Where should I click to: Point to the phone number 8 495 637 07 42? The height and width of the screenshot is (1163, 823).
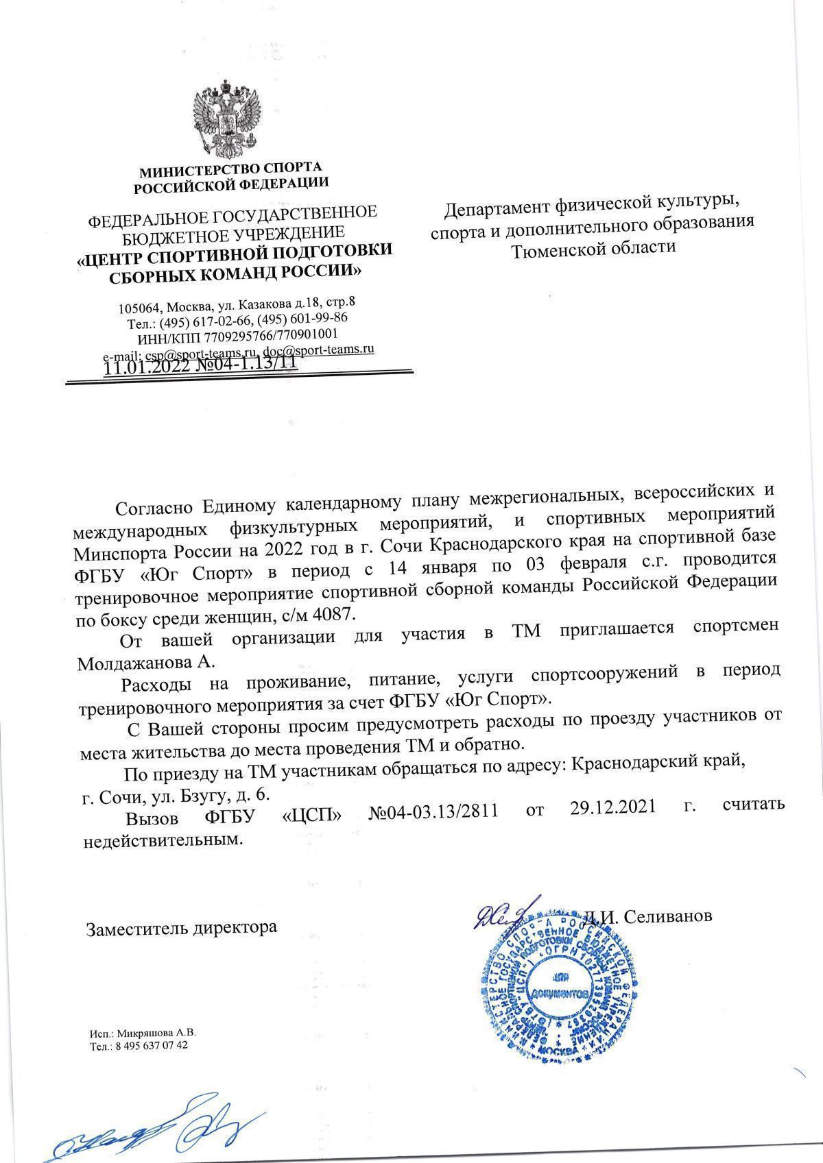point(152,1046)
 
